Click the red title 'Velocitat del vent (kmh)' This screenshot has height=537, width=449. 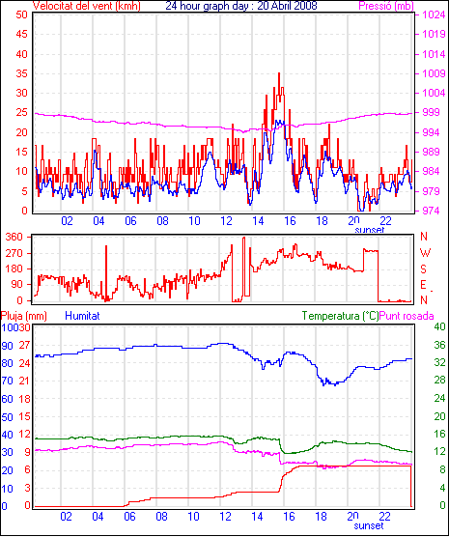click(x=87, y=6)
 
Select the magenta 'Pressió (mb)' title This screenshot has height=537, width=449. click(x=386, y=6)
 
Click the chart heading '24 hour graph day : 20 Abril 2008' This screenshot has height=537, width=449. click(x=241, y=6)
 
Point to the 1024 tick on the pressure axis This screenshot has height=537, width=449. click(x=434, y=14)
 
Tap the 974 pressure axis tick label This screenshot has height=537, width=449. click(x=434, y=211)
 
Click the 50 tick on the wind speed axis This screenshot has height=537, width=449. click(x=21, y=14)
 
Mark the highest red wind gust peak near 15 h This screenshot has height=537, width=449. click(x=279, y=73)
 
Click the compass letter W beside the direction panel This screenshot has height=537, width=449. click(x=425, y=253)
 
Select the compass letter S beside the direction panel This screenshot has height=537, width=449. click(x=424, y=269)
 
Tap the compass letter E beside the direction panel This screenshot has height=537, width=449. click(x=423, y=285)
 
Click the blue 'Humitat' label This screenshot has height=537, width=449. click(x=82, y=316)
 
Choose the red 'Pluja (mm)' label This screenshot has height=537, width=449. click(x=23, y=316)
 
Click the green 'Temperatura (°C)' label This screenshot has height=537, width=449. click(x=340, y=316)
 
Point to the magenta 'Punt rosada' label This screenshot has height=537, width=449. click(x=407, y=316)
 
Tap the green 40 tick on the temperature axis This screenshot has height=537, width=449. click(x=439, y=326)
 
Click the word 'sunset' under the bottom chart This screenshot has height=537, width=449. click(x=369, y=525)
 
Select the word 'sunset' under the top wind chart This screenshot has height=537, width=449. click(x=369, y=230)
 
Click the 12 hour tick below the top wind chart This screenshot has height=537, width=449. click(x=226, y=221)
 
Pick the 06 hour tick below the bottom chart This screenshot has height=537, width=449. click(x=129, y=516)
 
